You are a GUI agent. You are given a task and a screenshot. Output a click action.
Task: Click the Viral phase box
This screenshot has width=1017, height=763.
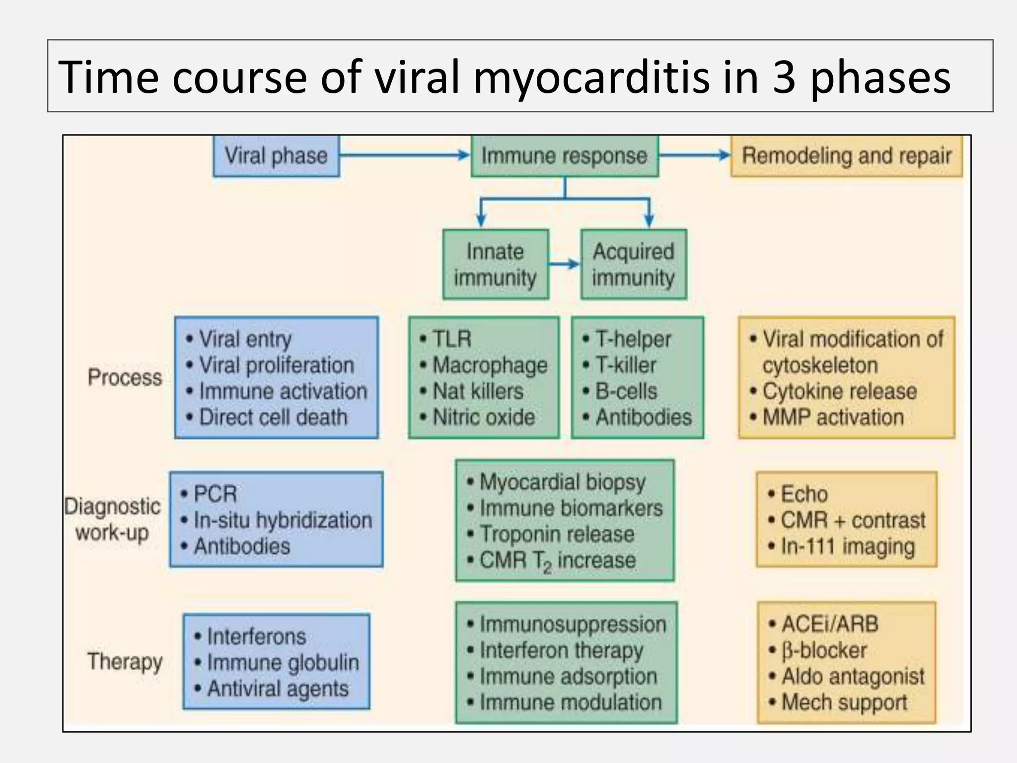(x=276, y=156)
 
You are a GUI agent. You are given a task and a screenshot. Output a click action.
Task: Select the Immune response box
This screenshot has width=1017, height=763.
(x=564, y=156)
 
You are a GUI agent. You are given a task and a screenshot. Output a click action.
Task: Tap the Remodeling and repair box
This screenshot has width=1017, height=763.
(x=846, y=156)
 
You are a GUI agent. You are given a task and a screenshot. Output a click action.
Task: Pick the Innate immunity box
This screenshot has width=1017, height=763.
(x=495, y=264)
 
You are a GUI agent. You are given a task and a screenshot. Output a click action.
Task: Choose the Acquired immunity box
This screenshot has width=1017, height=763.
(x=633, y=264)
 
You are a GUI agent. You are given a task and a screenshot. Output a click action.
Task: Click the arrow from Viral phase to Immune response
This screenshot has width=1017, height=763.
(x=405, y=155)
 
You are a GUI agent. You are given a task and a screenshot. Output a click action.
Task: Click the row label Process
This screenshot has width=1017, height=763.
(x=125, y=378)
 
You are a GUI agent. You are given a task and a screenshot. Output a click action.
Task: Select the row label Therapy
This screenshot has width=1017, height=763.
(x=125, y=662)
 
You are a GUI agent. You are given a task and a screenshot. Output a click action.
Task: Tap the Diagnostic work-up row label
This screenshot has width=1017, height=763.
(x=112, y=520)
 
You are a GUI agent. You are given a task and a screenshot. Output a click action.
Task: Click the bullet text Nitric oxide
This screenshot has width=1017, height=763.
(x=484, y=417)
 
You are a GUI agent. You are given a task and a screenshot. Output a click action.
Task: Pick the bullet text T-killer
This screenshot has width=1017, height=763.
(x=626, y=366)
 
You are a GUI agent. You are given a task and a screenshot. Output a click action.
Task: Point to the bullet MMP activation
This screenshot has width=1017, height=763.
(x=833, y=417)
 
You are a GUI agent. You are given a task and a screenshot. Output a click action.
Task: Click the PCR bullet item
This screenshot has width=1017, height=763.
(x=215, y=494)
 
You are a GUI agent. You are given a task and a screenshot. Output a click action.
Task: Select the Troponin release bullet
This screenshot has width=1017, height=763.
(x=557, y=534)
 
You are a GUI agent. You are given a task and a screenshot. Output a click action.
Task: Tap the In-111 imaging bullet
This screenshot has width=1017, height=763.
(x=847, y=546)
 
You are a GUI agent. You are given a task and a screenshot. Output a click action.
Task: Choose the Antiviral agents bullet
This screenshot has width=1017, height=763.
(x=278, y=689)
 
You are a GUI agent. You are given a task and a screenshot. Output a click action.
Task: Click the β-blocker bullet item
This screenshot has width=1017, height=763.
(x=824, y=650)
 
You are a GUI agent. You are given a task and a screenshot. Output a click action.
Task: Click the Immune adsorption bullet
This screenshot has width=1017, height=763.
(x=568, y=677)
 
